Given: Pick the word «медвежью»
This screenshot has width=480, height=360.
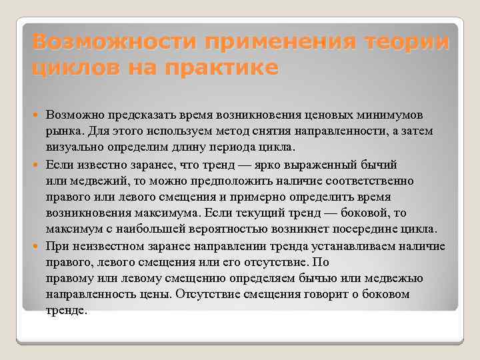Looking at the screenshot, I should pos(381,278).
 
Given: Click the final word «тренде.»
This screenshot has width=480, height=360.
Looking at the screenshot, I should pos(67,311).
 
